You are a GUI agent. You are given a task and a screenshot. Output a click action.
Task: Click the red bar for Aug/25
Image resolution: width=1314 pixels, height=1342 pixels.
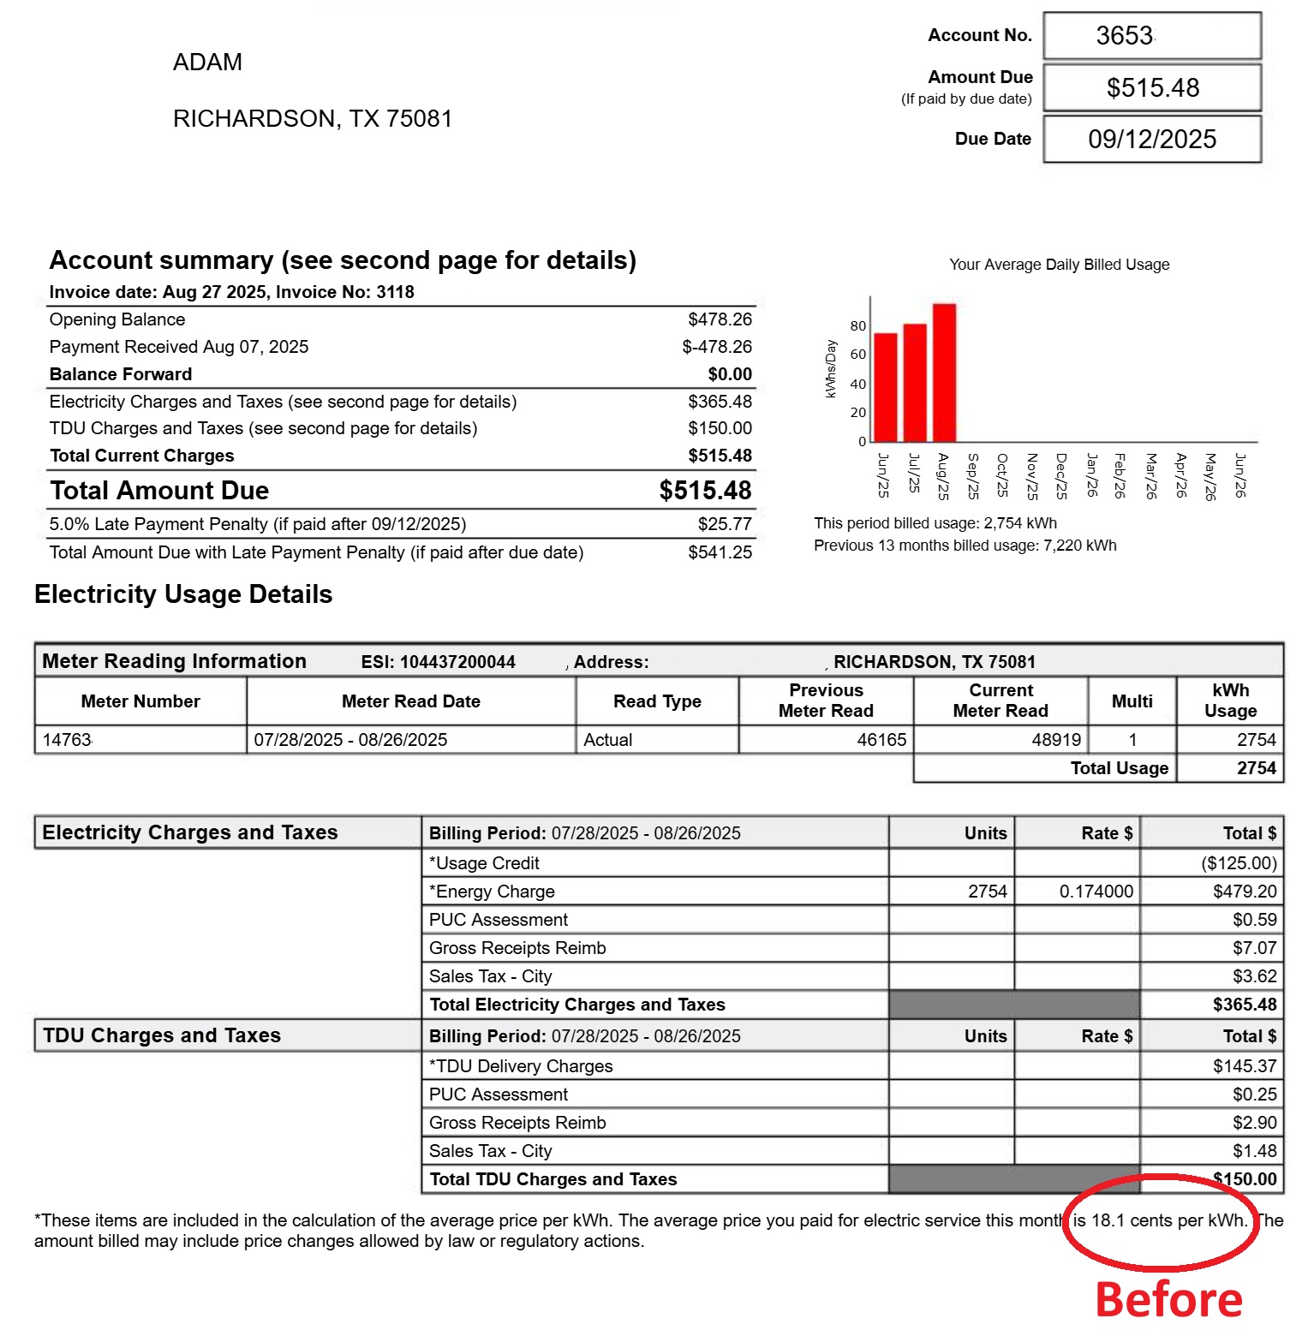pyautogui.click(x=944, y=373)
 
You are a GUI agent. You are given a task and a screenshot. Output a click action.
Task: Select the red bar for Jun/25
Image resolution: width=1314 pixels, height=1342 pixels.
pyautogui.click(x=886, y=387)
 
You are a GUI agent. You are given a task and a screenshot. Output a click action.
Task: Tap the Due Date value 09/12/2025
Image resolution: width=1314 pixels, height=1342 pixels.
pyautogui.click(x=1152, y=139)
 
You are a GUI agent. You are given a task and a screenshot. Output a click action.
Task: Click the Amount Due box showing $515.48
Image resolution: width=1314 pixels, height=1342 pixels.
pyautogui.click(x=1152, y=87)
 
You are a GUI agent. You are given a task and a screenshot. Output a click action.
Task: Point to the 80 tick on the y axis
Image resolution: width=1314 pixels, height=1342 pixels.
pyautogui.click(x=857, y=326)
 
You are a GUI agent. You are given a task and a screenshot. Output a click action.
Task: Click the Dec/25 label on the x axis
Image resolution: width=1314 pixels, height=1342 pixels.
pyautogui.click(x=1060, y=476)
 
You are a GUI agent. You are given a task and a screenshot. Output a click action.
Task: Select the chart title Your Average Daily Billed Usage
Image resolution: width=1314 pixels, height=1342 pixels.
pyautogui.click(x=1059, y=265)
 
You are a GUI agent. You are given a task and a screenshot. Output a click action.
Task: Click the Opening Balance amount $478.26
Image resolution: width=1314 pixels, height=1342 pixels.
pyautogui.click(x=720, y=319)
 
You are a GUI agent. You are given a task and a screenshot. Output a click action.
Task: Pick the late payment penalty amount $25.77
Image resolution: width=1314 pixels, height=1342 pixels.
pyautogui.click(x=725, y=524)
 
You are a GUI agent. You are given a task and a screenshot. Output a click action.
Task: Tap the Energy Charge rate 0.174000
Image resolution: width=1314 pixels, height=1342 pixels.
pyautogui.click(x=1096, y=892)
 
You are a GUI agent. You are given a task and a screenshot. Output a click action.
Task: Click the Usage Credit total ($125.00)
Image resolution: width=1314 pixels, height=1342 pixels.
pyautogui.click(x=1239, y=863)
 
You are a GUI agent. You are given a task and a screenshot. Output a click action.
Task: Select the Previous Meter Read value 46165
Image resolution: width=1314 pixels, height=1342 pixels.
pyautogui.click(x=881, y=740)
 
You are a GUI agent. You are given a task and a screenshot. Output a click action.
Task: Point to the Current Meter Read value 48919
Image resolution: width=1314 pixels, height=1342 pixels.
pyautogui.click(x=1056, y=740)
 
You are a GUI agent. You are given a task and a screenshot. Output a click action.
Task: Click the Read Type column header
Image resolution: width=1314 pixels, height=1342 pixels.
pyautogui.click(x=657, y=701)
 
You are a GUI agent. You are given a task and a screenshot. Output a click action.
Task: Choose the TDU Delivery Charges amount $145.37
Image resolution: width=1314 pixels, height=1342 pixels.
pyautogui.click(x=1245, y=1066)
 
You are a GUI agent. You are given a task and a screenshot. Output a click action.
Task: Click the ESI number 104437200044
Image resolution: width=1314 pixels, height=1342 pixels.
pyautogui.click(x=457, y=662)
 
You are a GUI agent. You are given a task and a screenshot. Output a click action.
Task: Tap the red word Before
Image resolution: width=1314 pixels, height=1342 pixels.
pyautogui.click(x=1169, y=1300)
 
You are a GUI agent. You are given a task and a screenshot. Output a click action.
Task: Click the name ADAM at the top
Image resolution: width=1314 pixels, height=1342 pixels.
pyautogui.click(x=207, y=63)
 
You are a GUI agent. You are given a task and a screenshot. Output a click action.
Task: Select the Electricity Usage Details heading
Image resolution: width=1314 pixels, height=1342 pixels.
pyautogui.click(x=183, y=594)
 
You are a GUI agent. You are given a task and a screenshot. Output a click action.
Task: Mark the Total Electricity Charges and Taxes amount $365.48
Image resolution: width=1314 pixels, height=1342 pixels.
pyautogui.click(x=1245, y=1005)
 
